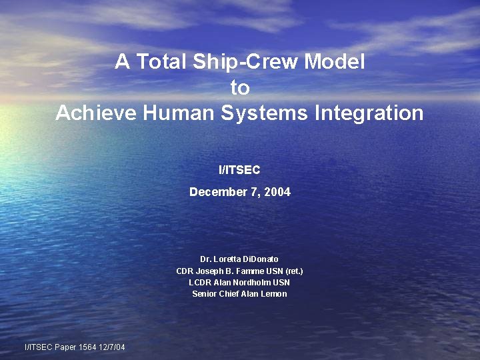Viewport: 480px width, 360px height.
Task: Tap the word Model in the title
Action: click(x=335, y=62)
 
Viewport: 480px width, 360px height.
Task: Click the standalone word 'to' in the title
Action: click(x=239, y=87)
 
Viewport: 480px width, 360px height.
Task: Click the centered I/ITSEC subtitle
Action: click(x=239, y=170)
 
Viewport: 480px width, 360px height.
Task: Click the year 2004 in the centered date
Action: click(x=277, y=192)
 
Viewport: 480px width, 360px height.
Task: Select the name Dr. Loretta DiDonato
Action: click(x=239, y=259)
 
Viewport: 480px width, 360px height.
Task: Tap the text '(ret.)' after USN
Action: click(x=293, y=271)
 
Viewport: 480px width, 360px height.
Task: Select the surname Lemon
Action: click(x=273, y=293)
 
